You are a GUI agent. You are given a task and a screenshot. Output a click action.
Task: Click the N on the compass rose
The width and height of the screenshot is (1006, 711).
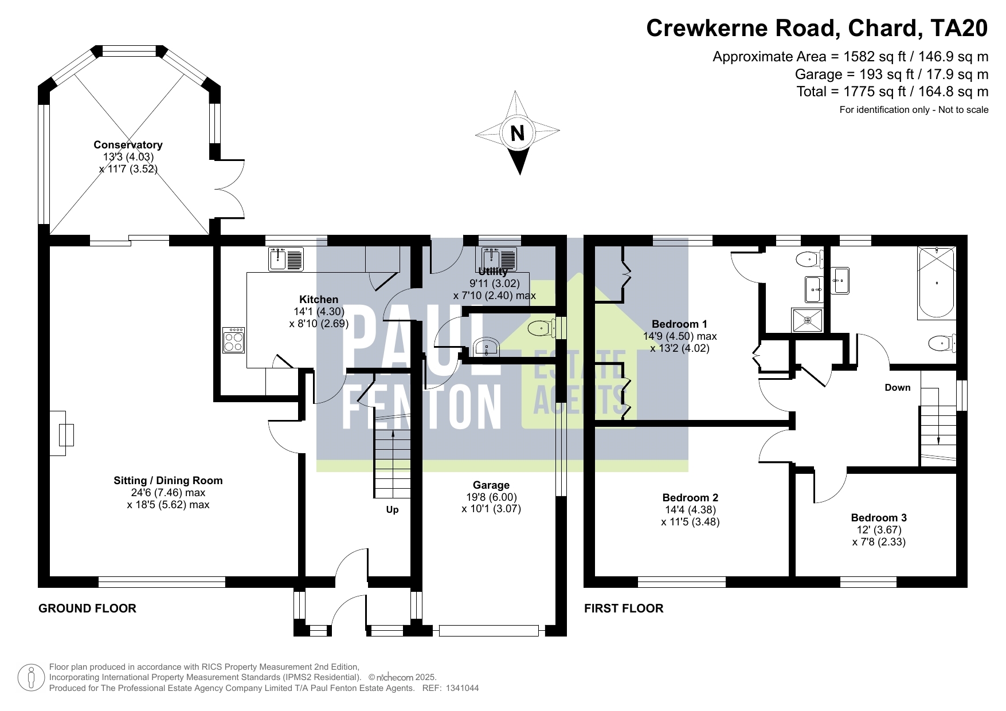pyautogui.click(x=518, y=133)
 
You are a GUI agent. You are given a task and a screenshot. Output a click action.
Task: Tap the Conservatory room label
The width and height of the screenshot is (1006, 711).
pyautogui.click(x=128, y=145)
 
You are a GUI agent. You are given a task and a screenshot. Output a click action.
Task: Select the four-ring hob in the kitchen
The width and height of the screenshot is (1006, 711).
pyautogui.click(x=234, y=340)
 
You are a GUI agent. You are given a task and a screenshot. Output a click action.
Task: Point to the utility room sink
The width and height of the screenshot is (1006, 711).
pyautogui.click(x=499, y=258)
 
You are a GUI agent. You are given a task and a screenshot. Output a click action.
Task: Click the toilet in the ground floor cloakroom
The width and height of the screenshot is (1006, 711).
pyautogui.click(x=542, y=329)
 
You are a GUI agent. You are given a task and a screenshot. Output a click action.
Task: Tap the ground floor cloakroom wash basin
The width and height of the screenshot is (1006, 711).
pyautogui.click(x=487, y=347)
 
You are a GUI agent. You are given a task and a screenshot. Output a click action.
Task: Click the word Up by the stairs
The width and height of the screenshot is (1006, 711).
pyautogui.click(x=392, y=509)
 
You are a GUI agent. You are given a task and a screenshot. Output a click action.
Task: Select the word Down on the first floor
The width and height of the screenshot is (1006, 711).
pyautogui.click(x=898, y=387)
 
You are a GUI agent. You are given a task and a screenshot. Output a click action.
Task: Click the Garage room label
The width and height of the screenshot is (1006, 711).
pyautogui.click(x=491, y=485)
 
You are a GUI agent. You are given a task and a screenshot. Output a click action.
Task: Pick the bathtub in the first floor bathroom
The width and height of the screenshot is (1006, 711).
pyautogui.click(x=937, y=282)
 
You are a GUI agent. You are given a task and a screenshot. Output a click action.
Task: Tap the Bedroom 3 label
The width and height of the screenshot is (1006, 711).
pyautogui.click(x=879, y=518)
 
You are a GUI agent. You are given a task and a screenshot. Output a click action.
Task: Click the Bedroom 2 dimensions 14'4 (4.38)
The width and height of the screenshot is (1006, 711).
pyautogui.click(x=690, y=510)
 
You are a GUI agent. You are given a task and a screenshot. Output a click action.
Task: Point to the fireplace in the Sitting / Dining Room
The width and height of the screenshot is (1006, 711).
pyautogui.click(x=62, y=434)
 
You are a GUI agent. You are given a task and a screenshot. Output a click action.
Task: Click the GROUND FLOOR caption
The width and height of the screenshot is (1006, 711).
pyautogui.click(x=87, y=608)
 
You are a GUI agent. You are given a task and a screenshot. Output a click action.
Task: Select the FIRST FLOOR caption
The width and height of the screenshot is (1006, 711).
pyautogui.click(x=624, y=608)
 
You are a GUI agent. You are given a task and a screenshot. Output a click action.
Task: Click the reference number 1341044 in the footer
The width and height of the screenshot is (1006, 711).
pyautogui.click(x=462, y=688)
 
